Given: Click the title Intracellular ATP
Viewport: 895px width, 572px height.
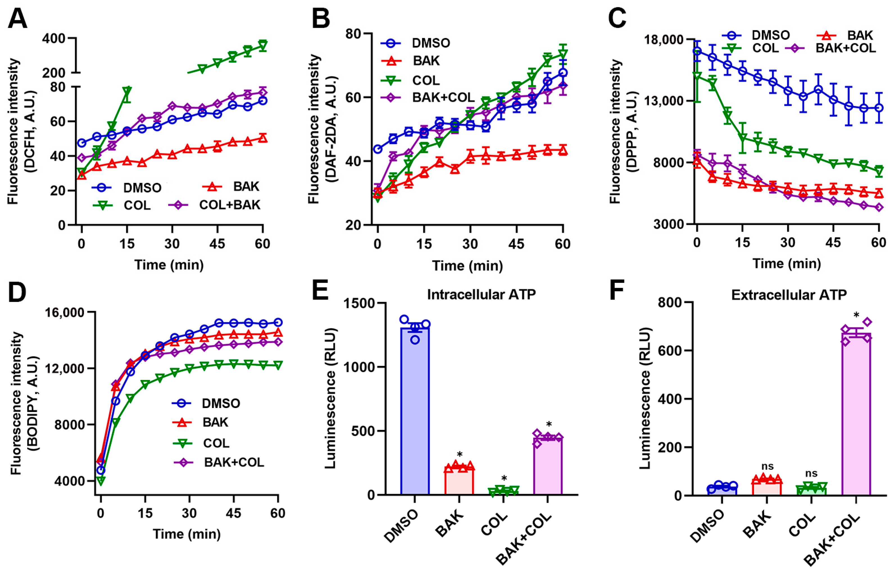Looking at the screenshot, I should pos(481,295).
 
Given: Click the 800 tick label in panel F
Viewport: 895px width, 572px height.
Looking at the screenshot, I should pos(670,303).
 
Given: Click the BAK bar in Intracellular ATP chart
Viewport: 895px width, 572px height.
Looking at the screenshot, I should pos(459,480).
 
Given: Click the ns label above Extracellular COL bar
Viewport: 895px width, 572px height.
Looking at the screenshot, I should pos(811,473).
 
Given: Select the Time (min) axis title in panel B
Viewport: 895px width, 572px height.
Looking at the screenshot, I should pos(467,266).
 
